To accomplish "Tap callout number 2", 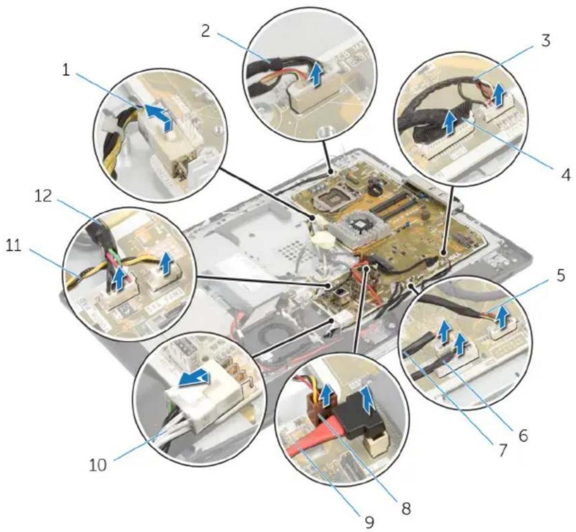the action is coord(206,31).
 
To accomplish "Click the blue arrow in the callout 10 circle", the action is coord(194,379).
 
